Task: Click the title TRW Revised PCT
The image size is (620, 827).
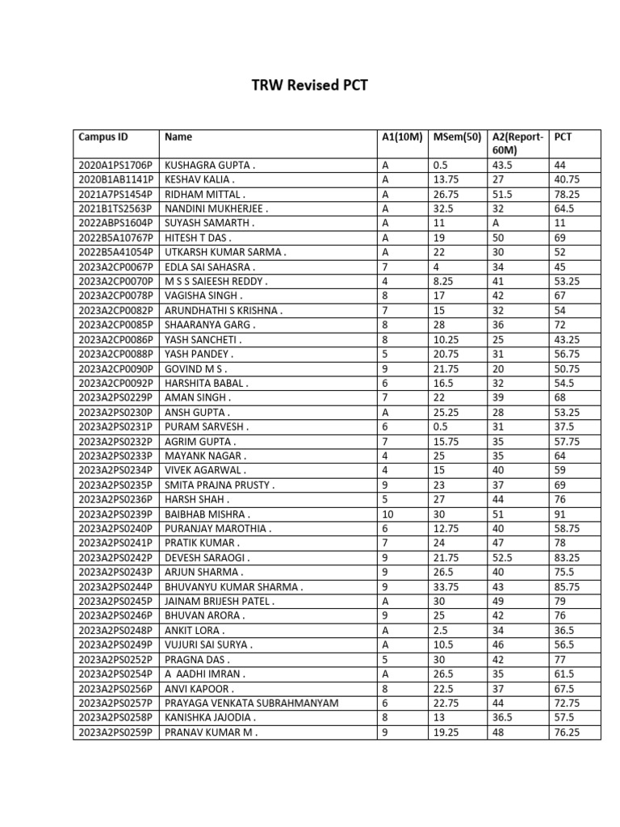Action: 310,85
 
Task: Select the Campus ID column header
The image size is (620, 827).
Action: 103,137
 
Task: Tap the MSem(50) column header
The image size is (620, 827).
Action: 456,137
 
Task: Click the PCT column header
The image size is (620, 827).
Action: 563,137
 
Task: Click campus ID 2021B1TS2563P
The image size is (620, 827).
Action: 115,208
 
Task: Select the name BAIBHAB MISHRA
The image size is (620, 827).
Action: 207,514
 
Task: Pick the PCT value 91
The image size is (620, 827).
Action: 561,514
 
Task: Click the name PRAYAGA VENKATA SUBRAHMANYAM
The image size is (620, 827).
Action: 251,703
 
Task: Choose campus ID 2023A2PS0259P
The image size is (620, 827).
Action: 115,733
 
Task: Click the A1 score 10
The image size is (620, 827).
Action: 387,514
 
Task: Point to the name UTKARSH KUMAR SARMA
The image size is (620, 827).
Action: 225,252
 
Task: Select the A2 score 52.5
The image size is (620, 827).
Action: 505,558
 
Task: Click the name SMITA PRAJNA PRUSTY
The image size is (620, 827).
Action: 220,485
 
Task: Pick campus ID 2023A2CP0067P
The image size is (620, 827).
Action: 115,267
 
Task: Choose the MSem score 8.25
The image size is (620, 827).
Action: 445,281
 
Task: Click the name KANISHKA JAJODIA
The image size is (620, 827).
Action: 211,718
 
